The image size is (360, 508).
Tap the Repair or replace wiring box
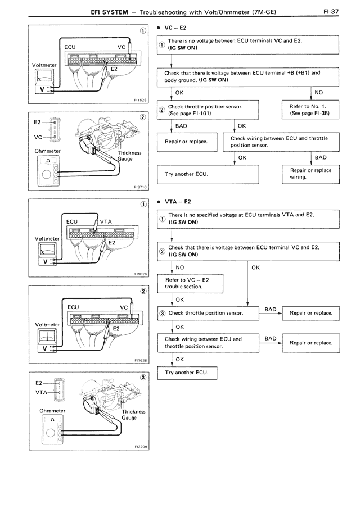(x=310, y=174)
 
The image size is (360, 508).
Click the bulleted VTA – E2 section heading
(x=180, y=201)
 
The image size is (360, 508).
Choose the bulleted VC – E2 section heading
(x=178, y=27)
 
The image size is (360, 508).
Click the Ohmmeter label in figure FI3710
(x=47, y=151)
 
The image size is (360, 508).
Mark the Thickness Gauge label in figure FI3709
(x=133, y=415)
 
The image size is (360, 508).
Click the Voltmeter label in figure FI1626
(x=46, y=238)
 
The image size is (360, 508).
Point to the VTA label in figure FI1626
(x=107, y=221)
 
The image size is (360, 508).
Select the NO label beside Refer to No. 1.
(x=318, y=92)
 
